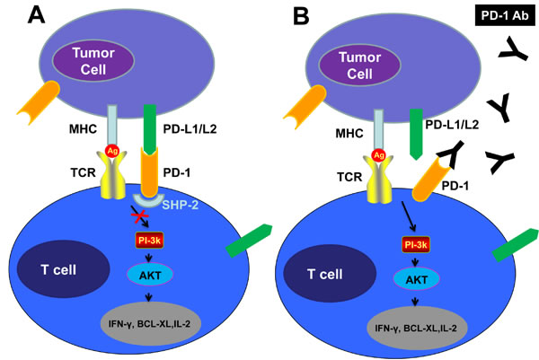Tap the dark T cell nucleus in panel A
(x=55, y=267)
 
